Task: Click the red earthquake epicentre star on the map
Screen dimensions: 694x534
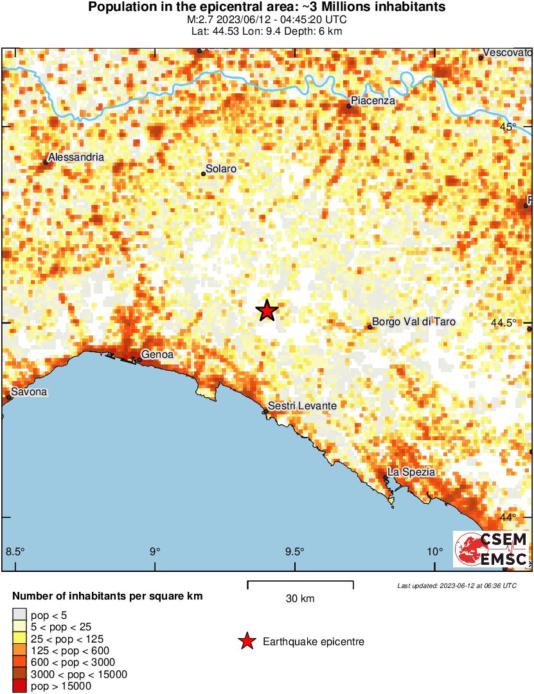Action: coord(267,310)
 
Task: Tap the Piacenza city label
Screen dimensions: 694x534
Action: coord(374,101)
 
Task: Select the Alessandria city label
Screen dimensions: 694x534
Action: coord(76,157)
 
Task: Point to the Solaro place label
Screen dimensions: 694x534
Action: coord(221,169)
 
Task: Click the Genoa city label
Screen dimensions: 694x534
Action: coord(157,354)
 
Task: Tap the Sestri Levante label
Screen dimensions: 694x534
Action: coord(302,406)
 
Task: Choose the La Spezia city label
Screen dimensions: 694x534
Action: coord(411,472)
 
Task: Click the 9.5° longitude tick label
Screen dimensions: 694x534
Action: coord(294,551)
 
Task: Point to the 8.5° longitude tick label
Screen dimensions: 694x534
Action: coord(15,551)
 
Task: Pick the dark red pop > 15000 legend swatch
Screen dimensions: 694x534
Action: coord(19,686)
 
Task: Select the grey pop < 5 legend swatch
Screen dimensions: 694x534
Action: coord(19,616)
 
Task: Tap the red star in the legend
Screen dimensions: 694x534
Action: coord(246,641)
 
